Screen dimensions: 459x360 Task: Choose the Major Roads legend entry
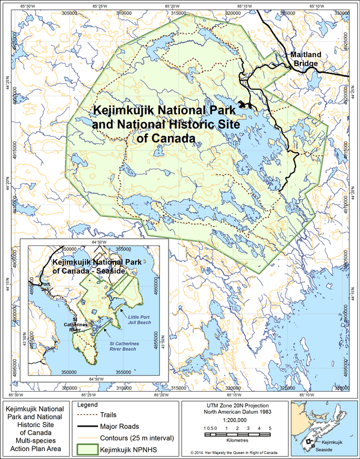133,426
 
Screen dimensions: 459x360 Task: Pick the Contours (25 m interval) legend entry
147,437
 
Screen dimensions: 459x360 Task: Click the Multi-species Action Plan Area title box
36,429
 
